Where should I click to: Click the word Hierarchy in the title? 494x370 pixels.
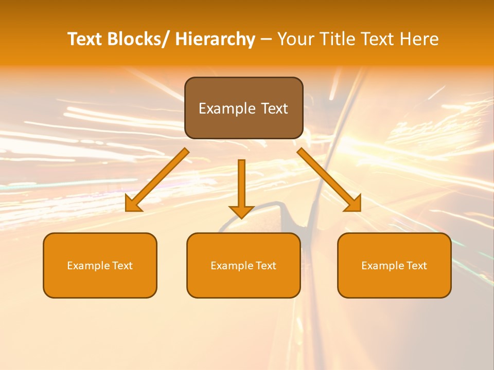coord(215,40)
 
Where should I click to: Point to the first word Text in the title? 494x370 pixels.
coord(85,40)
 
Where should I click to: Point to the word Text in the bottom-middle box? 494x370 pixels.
coord(266,266)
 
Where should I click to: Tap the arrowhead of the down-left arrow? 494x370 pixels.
coord(133,205)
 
